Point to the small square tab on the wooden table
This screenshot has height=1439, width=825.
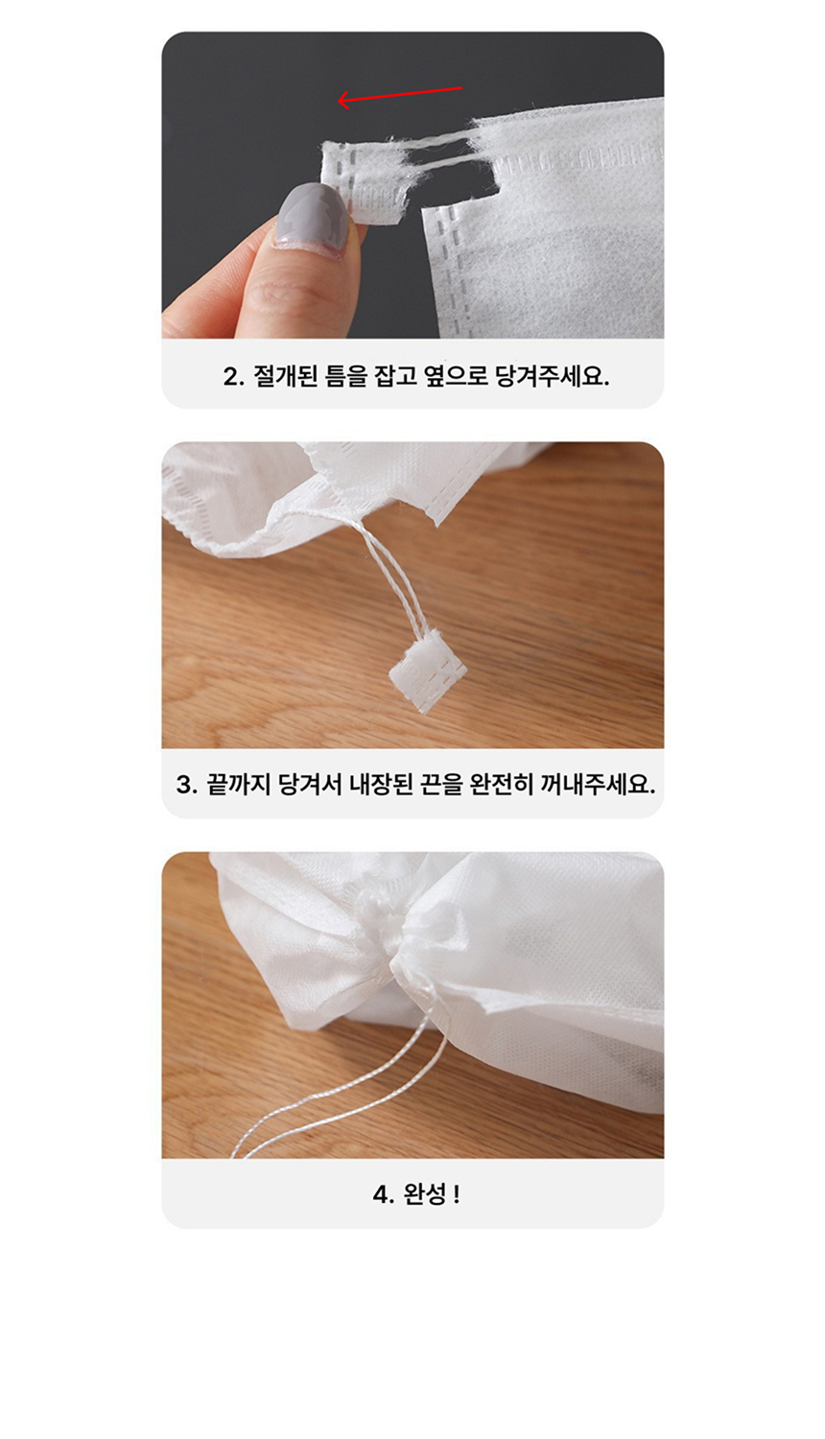428,670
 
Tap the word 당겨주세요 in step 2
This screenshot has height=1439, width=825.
552,376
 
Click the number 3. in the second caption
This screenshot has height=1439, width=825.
186,785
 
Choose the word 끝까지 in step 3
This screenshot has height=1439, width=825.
238,785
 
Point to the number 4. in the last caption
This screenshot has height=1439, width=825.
383,1195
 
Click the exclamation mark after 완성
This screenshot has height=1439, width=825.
457,1194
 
